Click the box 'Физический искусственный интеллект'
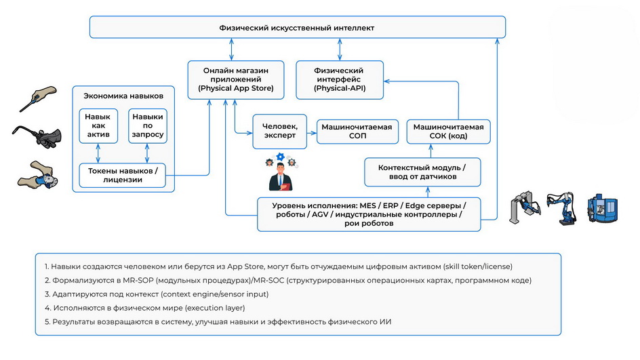(x=297, y=27)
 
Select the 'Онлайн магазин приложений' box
(x=235, y=79)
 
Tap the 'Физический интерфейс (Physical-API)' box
(x=340, y=79)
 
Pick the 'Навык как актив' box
(x=98, y=125)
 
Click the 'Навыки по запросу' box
(x=148, y=125)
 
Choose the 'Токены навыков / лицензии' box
(x=123, y=175)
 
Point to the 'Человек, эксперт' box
(x=279, y=132)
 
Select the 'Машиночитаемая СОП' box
(x=357, y=132)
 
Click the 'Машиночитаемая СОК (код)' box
(x=448, y=132)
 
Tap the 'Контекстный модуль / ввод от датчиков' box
(x=422, y=172)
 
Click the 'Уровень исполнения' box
(x=369, y=214)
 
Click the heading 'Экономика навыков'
(x=123, y=96)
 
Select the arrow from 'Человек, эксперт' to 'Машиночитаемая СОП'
(x=312, y=133)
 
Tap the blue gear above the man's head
(x=280, y=157)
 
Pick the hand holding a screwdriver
(x=38, y=98)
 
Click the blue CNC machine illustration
(x=603, y=208)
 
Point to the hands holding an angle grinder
(x=38, y=175)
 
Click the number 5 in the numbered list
(x=47, y=321)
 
